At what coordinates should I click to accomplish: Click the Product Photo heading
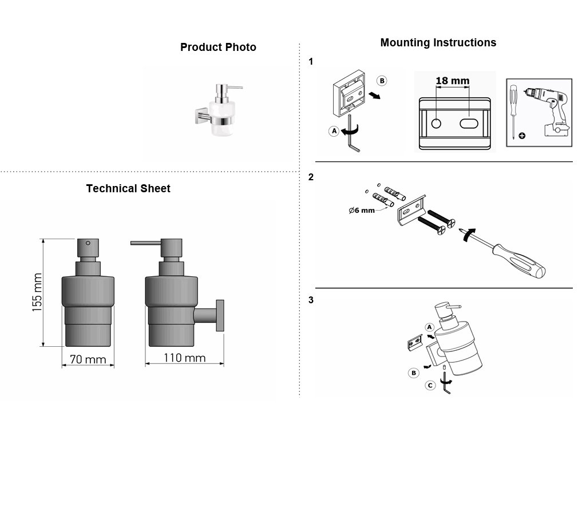[x=218, y=47]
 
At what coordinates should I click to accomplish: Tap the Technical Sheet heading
[x=128, y=188]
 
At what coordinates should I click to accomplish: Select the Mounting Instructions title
[x=438, y=42]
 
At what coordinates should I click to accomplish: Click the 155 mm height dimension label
[x=37, y=292]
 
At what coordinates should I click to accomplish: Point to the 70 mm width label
[x=88, y=359]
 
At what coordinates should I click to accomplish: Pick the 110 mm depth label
[x=185, y=358]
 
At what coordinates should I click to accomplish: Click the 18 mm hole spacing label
[x=453, y=81]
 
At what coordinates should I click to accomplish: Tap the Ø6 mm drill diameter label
[x=362, y=211]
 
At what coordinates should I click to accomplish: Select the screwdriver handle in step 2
[x=520, y=260]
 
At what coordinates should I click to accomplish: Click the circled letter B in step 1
[x=382, y=81]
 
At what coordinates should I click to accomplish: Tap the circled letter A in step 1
[x=334, y=131]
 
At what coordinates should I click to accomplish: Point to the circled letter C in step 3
[x=430, y=385]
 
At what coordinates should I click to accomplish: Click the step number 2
[x=311, y=177]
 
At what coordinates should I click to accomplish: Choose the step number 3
[x=311, y=300]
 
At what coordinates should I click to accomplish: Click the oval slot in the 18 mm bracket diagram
[x=469, y=124]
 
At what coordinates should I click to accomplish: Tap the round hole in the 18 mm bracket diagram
[x=436, y=124]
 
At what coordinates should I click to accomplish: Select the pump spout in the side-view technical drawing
[x=145, y=243]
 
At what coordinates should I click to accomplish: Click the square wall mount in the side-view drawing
[x=220, y=315]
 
